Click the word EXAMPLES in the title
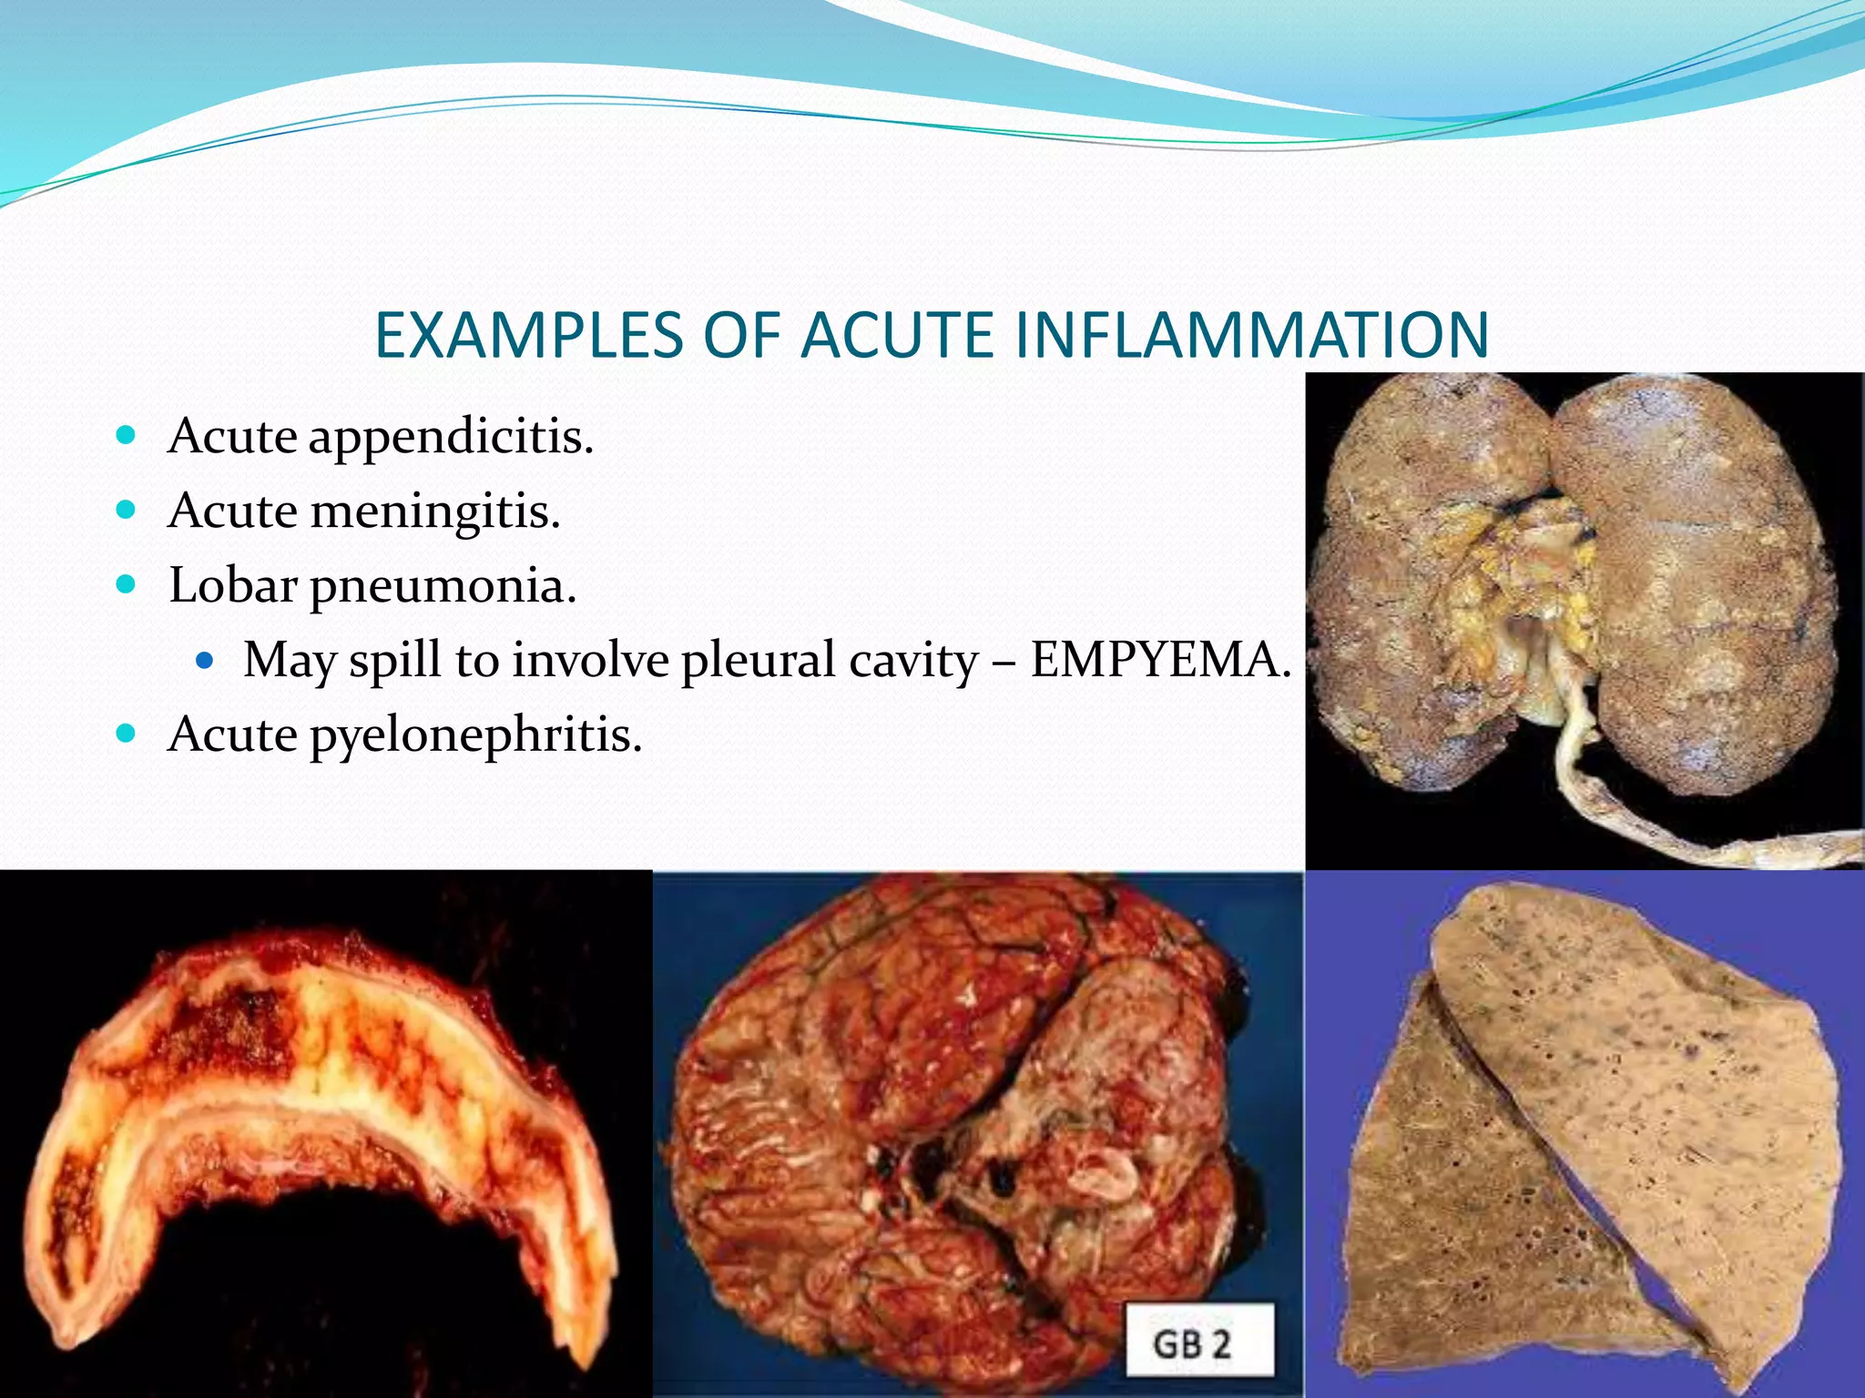click(528, 336)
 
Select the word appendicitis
click(451, 437)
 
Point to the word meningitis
click(434, 512)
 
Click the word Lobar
click(232, 585)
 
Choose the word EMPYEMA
click(1160, 660)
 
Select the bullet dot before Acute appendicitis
click(127, 434)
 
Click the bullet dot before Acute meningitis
click(127, 509)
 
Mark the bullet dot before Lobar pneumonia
click(127, 583)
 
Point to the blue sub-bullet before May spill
click(204, 659)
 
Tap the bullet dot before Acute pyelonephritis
click(127, 733)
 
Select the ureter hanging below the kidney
click(1603, 801)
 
